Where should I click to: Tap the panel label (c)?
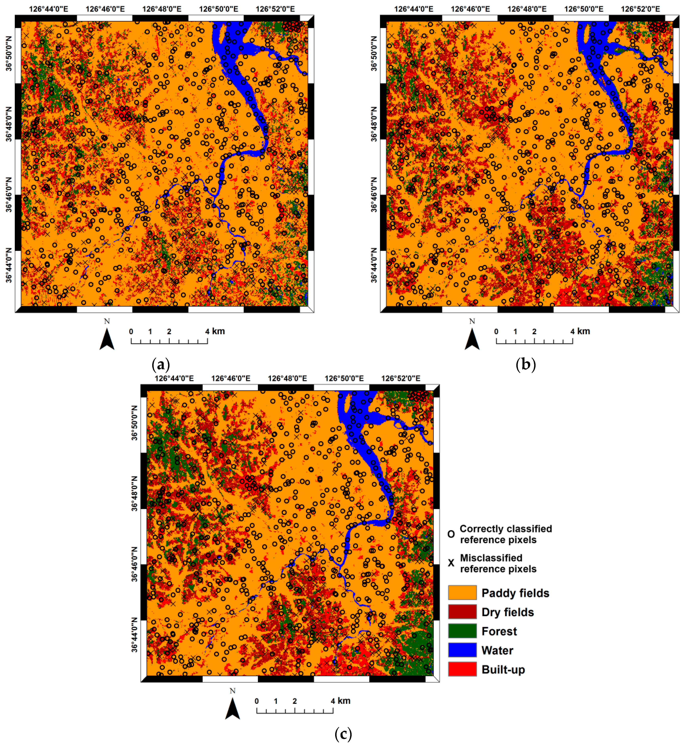pyautogui.click(x=343, y=734)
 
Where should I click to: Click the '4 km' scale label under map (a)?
pyautogui.click(x=215, y=331)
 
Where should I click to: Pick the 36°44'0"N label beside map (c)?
pyautogui.click(x=134, y=636)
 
